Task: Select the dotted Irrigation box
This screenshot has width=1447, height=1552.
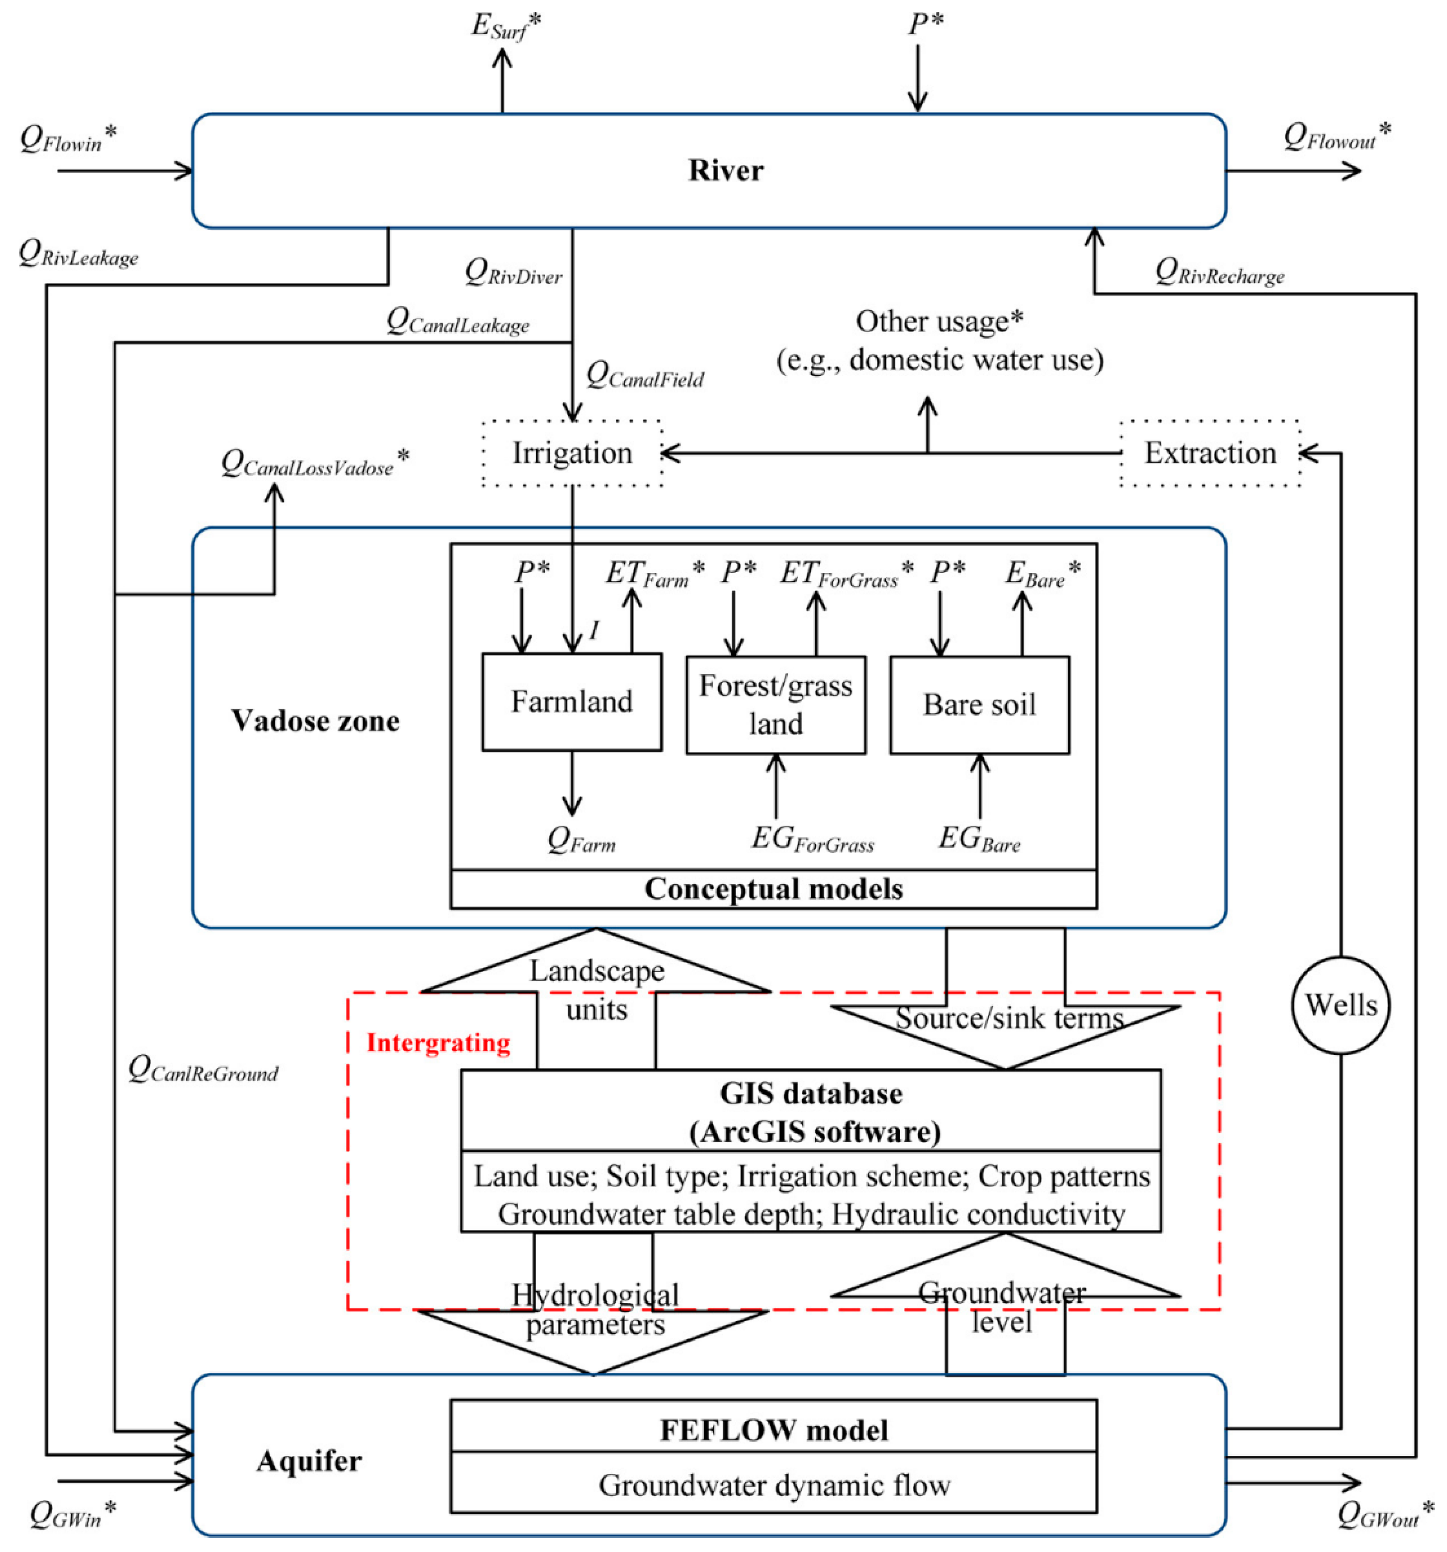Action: coord(572,453)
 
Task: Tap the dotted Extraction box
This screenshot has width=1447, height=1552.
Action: coord(1210,453)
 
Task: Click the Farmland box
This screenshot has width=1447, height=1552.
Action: coord(572,701)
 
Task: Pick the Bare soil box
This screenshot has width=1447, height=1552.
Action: coord(979,704)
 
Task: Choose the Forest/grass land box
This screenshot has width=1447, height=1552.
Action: coord(775,704)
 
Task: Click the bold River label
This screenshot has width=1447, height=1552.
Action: coord(726,170)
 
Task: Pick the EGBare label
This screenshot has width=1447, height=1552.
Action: coord(979,839)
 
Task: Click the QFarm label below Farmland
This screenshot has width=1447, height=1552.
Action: coord(581,840)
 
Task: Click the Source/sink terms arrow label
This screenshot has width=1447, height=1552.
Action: coord(1009,1018)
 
